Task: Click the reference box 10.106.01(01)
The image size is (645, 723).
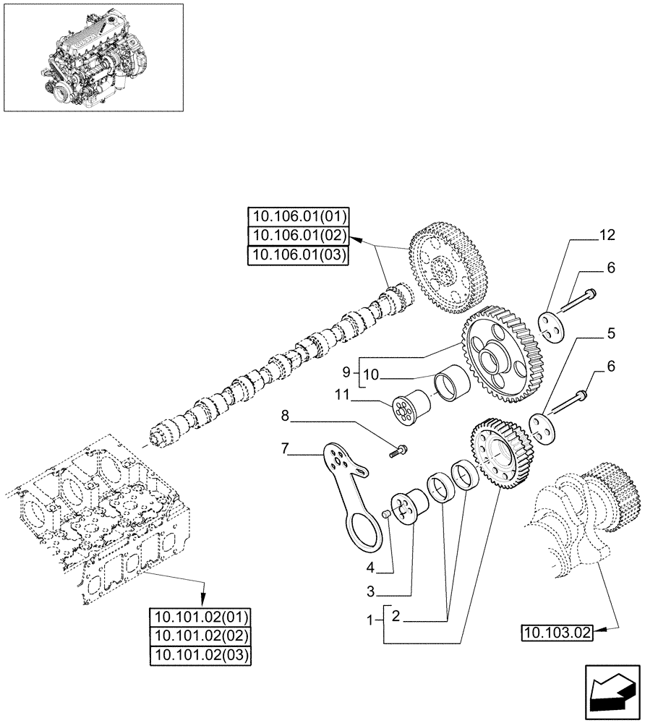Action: (x=298, y=216)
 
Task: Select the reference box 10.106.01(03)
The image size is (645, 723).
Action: (x=298, y=255)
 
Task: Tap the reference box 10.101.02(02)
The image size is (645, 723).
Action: (x=199, y=636)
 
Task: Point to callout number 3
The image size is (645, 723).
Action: (x=371, y=592)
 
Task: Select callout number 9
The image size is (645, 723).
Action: (x=346, y=372)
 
